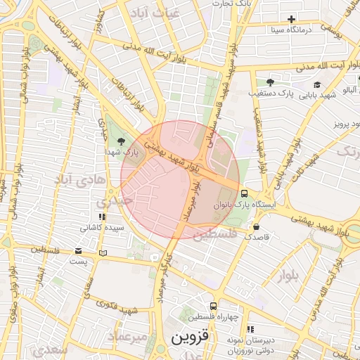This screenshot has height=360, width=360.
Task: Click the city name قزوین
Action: tap(190, 337)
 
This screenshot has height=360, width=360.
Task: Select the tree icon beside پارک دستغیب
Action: tap(271, 82)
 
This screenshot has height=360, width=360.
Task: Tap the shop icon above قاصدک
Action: tap(255, 227)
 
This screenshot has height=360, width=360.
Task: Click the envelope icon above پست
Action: tap(78, 251)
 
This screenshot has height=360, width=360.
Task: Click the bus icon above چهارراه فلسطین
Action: tap(213, 306)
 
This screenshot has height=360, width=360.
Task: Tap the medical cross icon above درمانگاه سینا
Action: tap(290, 19)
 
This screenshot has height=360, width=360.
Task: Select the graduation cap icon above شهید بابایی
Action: tap(318, 84)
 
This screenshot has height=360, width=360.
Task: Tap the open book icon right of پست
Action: tap(104, 252)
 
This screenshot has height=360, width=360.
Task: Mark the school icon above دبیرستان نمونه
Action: tap(250, 329)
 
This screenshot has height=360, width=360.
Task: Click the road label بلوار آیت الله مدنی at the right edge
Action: tap(330, 65)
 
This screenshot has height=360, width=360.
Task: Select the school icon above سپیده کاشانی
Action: tap(103, 217)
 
